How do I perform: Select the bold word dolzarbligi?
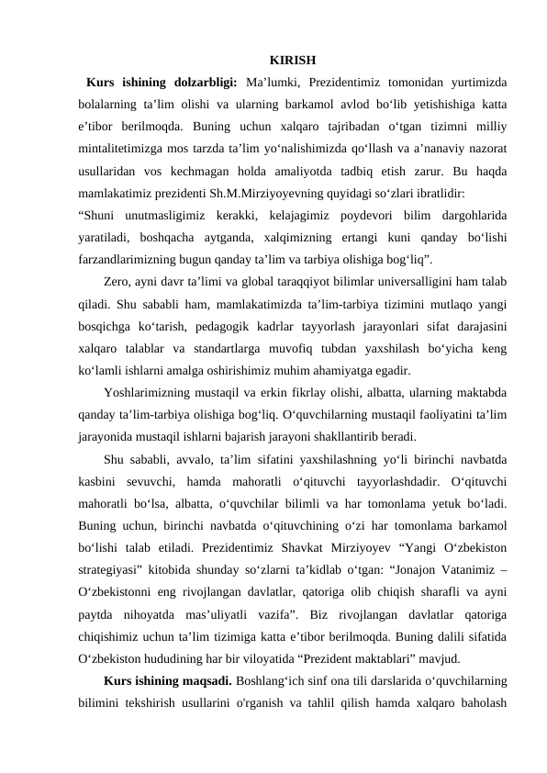click(x=207, y=84)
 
